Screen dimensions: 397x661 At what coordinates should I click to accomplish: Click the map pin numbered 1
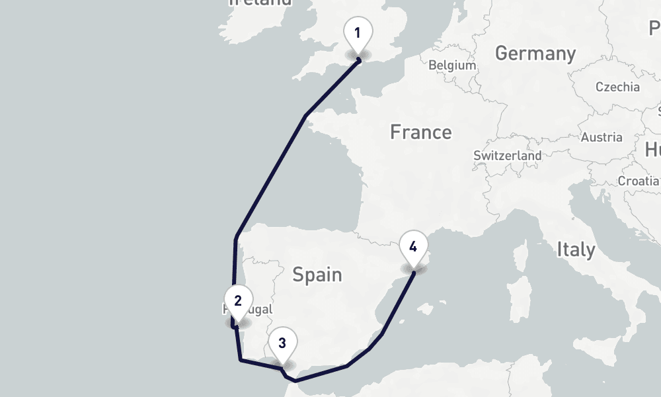(x=358, y=32)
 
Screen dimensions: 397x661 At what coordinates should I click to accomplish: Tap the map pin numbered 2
(x=237, y=301)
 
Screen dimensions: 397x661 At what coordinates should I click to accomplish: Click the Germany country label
(x=535, y=54)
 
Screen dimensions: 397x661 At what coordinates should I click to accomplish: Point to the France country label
(x=420, y=132)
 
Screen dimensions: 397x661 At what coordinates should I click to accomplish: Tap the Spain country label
(x=317, y=274)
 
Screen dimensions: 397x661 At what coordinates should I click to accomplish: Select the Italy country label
(x=575, y=249)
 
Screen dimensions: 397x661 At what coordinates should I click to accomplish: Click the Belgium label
(x=452, y=66)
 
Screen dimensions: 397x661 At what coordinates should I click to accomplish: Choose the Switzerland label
(x=507, y=156)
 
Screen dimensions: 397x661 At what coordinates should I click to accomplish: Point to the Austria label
(x=601, y=138)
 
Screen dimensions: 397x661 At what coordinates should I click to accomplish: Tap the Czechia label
(x=617, y=87)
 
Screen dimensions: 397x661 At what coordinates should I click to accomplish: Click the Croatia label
(x=639, y=181)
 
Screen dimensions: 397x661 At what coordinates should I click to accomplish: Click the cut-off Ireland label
(x=260, y=3)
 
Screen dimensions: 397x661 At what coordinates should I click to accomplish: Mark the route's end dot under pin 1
(x=358, y=60)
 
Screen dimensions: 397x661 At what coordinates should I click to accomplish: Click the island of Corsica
(x=522, y=255)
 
